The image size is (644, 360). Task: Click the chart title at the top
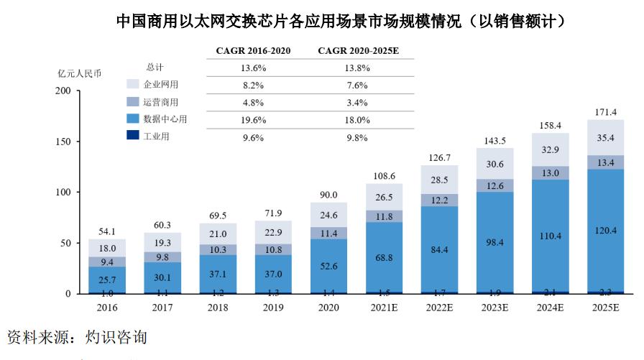(x=340, y=22)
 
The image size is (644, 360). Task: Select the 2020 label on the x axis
(x=328, y=307)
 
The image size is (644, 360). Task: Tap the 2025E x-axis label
(x=605, y=307)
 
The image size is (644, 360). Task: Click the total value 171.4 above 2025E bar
(x=605, y=113)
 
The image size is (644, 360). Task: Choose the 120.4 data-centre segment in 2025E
(x=605, y=231)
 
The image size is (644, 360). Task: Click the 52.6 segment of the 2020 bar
(x=328, y=266)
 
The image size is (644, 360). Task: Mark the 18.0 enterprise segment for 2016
(x=106, y=248)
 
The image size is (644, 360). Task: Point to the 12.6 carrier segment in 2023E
(x=494, y=186)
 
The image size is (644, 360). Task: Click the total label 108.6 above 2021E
(x=383, y=176)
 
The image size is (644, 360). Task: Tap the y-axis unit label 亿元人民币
(x=80, y=73)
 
